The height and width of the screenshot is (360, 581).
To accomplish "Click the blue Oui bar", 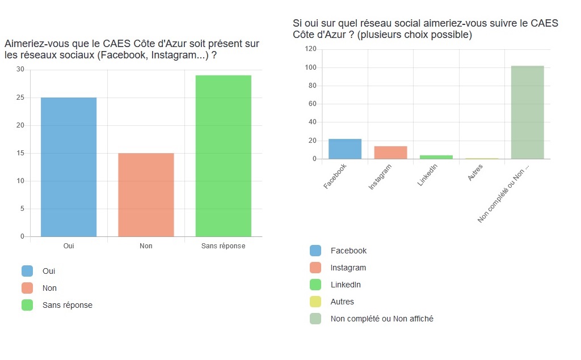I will point(69,167).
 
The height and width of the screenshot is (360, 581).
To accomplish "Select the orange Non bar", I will point(146,194).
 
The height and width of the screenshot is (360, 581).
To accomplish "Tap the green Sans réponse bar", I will point(223,155).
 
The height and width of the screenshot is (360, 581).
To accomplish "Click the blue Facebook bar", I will point(345,149).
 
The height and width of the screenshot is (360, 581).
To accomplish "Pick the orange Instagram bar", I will point(390,153).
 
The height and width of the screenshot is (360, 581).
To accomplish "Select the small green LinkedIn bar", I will point(436,156).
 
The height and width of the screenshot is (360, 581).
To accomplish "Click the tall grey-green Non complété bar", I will point(527,112).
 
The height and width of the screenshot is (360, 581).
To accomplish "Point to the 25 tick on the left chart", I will point(20,98).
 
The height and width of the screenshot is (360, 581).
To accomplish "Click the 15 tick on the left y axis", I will point(20,153).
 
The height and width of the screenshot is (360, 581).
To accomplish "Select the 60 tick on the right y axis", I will point(311,104).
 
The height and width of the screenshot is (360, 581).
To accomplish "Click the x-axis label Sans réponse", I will point(224,246).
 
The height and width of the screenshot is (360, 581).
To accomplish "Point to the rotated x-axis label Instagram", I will point(380,177).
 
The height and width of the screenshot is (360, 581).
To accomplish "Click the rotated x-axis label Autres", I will point(475,173).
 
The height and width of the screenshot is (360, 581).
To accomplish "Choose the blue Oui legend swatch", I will point(27,271).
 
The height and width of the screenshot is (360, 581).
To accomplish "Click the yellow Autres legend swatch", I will point(315,302).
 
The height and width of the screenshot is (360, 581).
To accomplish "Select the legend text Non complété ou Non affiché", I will point(382,319).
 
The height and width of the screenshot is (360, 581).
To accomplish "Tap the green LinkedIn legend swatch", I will point(315,285).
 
